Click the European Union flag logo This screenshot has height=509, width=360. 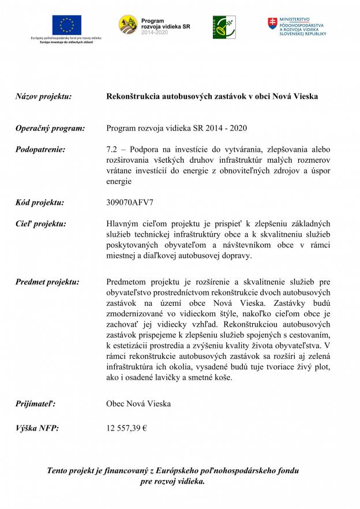coord(67,25)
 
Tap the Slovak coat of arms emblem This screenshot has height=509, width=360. coord(272,24)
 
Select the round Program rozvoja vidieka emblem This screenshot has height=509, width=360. coord(128,25)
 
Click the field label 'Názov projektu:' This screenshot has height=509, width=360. coord(43,96)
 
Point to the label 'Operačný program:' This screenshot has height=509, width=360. coord(50,128)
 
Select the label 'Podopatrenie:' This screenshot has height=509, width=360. coord(40,149)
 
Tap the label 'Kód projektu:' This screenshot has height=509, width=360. coord(40,203)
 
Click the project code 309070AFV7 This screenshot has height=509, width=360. coord(130,203)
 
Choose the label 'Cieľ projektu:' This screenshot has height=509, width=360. coord(41,224)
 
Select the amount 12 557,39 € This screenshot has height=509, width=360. coord(127,428)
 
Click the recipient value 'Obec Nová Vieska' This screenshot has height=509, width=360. coord(138,404)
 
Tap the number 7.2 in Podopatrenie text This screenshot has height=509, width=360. coord(112,149)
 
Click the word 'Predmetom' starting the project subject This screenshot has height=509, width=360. coord(126,282)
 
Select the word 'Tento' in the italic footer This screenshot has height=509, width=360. coord(59,471)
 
